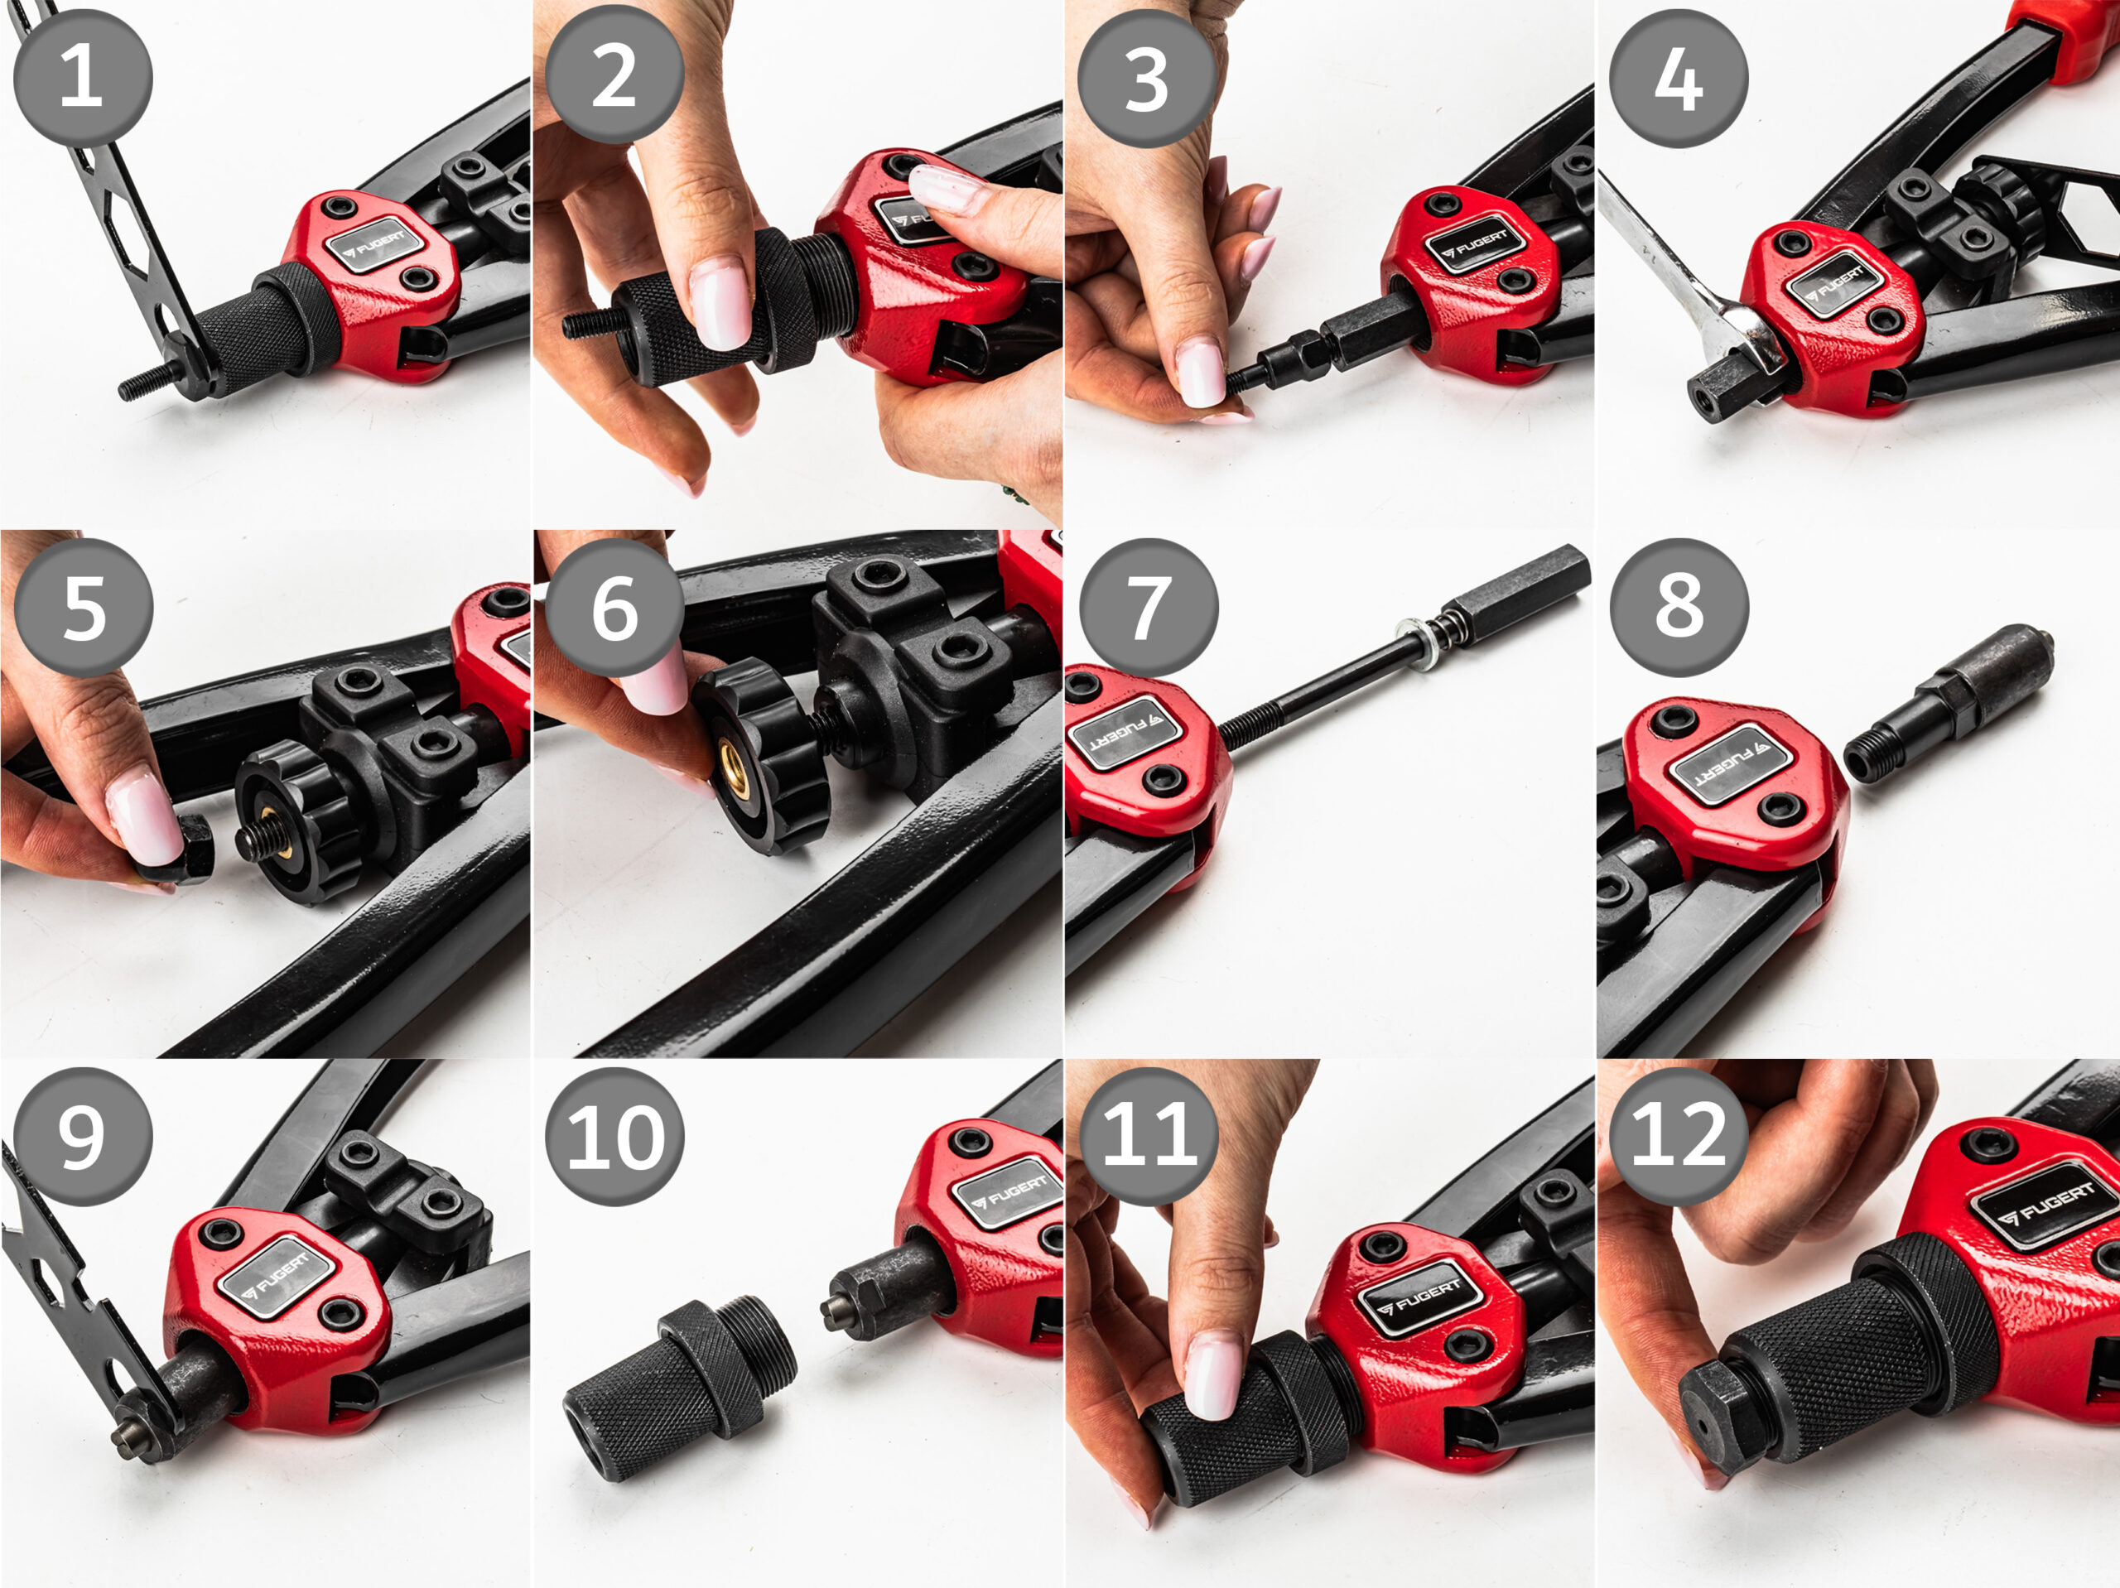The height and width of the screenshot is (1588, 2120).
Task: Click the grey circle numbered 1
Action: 83,78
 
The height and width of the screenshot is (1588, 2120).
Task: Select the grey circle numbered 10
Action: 615,1137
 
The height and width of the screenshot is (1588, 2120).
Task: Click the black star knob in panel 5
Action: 297,822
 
